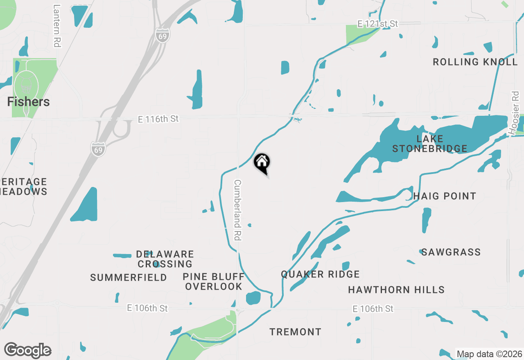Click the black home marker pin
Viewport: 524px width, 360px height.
pos(262,163)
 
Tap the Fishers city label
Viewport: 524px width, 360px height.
pos(29,102)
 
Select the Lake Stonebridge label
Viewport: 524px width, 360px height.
pos(430,144)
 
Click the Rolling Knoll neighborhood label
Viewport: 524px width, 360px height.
pos(475,62)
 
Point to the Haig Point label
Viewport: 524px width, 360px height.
pos(445,196)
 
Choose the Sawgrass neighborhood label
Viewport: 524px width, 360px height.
pos(451,252)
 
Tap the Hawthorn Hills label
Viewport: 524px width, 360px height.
pos(396,290)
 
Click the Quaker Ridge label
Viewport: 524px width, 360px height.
pos(320,274)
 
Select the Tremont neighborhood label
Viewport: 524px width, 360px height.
pos(295,332)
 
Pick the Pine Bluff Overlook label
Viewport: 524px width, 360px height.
pos(213,282)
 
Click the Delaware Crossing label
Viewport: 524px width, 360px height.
pos(165,259)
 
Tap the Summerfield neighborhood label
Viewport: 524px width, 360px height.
pos(129,278)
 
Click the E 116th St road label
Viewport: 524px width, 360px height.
pos(158,119)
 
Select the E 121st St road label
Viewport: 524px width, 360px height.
pos(377,24)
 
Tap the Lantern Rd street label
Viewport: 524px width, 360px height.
pos(57,25)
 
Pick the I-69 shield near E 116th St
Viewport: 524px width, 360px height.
pos(98,148)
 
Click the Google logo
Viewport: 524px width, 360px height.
pos(28,351)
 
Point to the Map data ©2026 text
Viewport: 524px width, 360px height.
pos(489,354)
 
